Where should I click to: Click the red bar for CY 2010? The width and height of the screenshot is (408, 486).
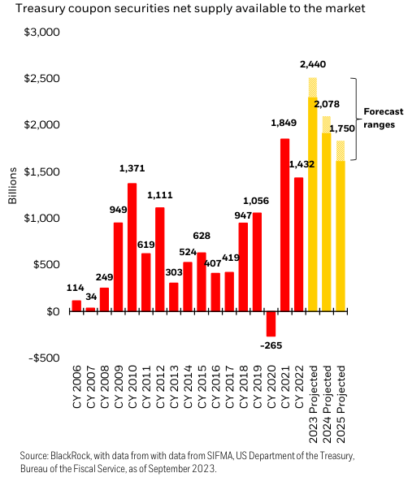132,248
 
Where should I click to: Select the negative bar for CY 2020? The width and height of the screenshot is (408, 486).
271,323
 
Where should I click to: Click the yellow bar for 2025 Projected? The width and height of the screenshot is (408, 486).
341,236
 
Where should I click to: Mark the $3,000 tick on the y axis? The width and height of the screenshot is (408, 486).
46,32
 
